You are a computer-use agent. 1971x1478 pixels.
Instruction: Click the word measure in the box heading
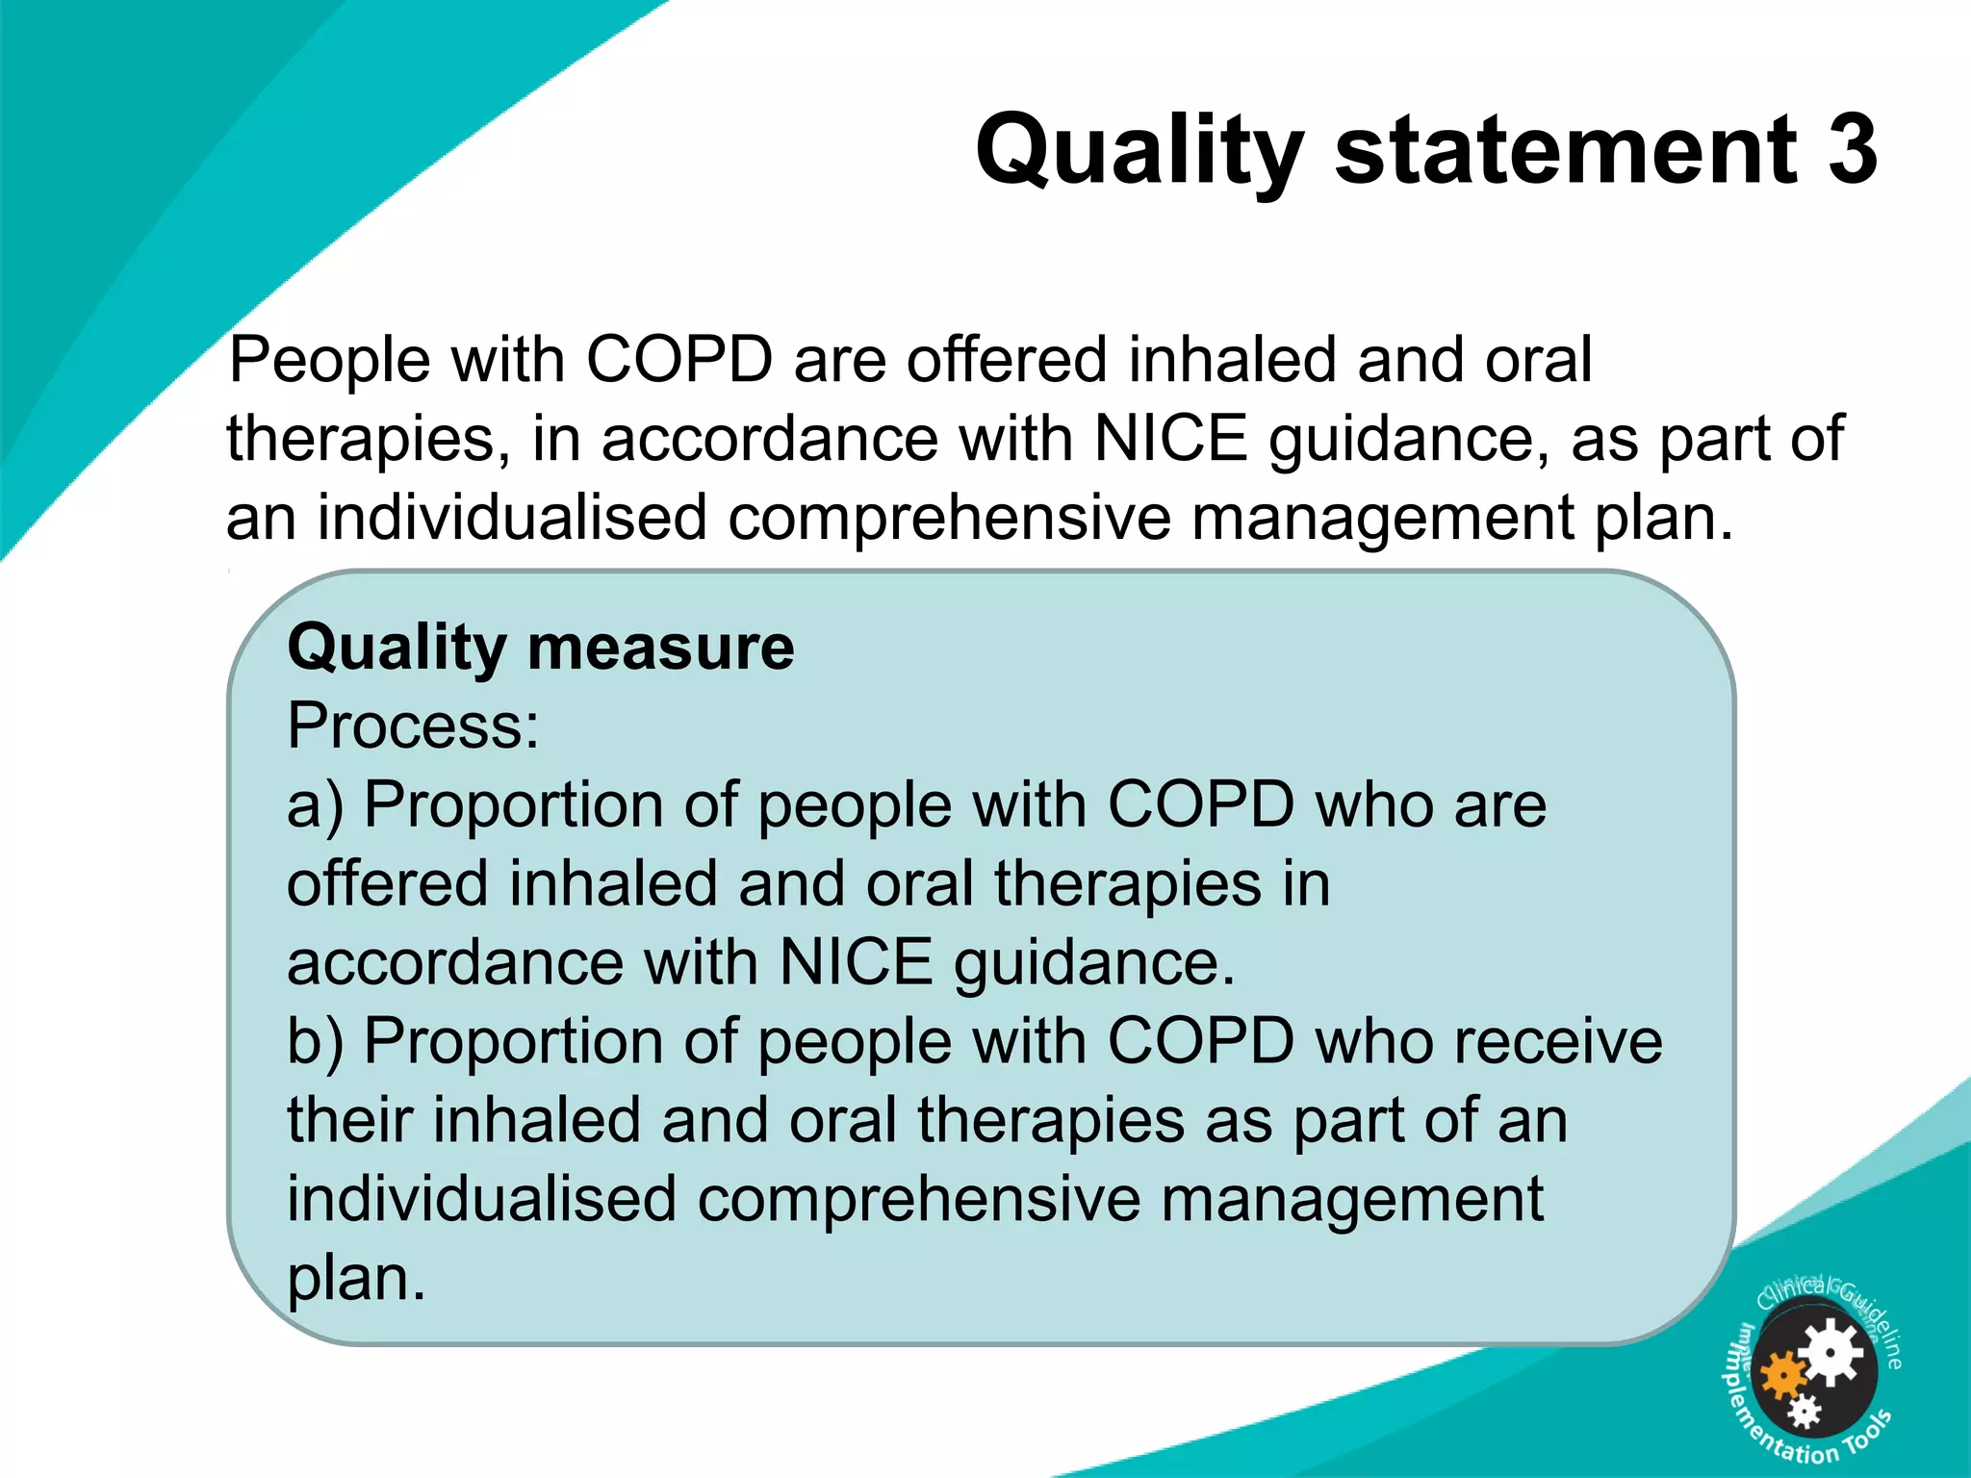click(x=661, y=647)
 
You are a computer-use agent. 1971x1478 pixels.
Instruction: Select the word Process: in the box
click(x=414, y=726)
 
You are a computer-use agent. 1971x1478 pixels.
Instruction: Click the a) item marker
click(x=315, y=806)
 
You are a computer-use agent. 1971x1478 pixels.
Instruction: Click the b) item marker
click(x=315, y=1043)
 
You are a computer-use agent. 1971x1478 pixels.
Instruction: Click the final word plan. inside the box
click(x=356, y=1280)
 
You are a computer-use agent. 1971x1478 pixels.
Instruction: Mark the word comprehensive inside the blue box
click(x=917, y=1202)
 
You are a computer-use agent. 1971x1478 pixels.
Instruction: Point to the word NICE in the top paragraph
click(x=1170, y=439)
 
